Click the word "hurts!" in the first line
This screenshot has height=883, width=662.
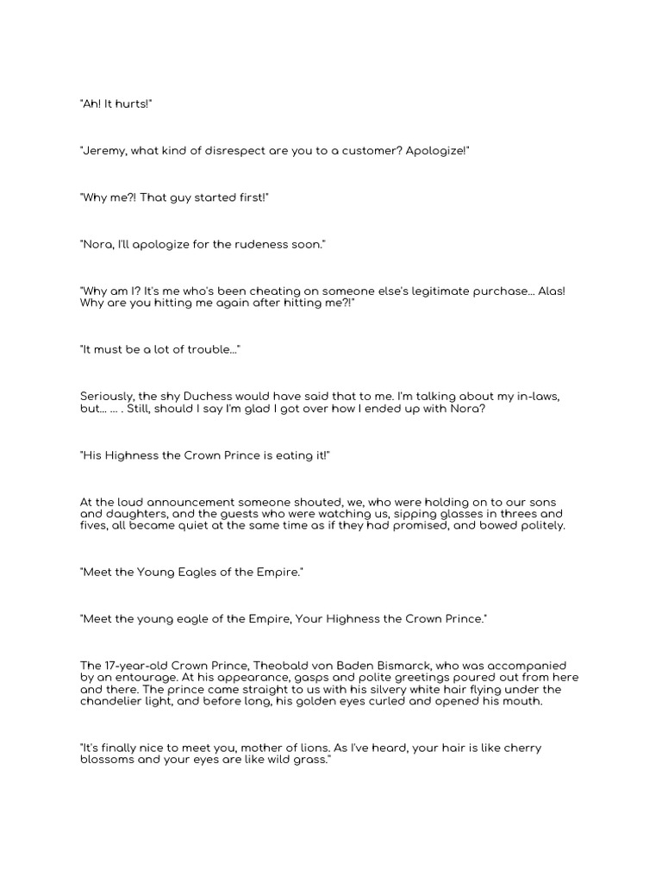click(x=134, y=103)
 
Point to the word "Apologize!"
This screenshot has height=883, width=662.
click(x=438, y=151)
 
